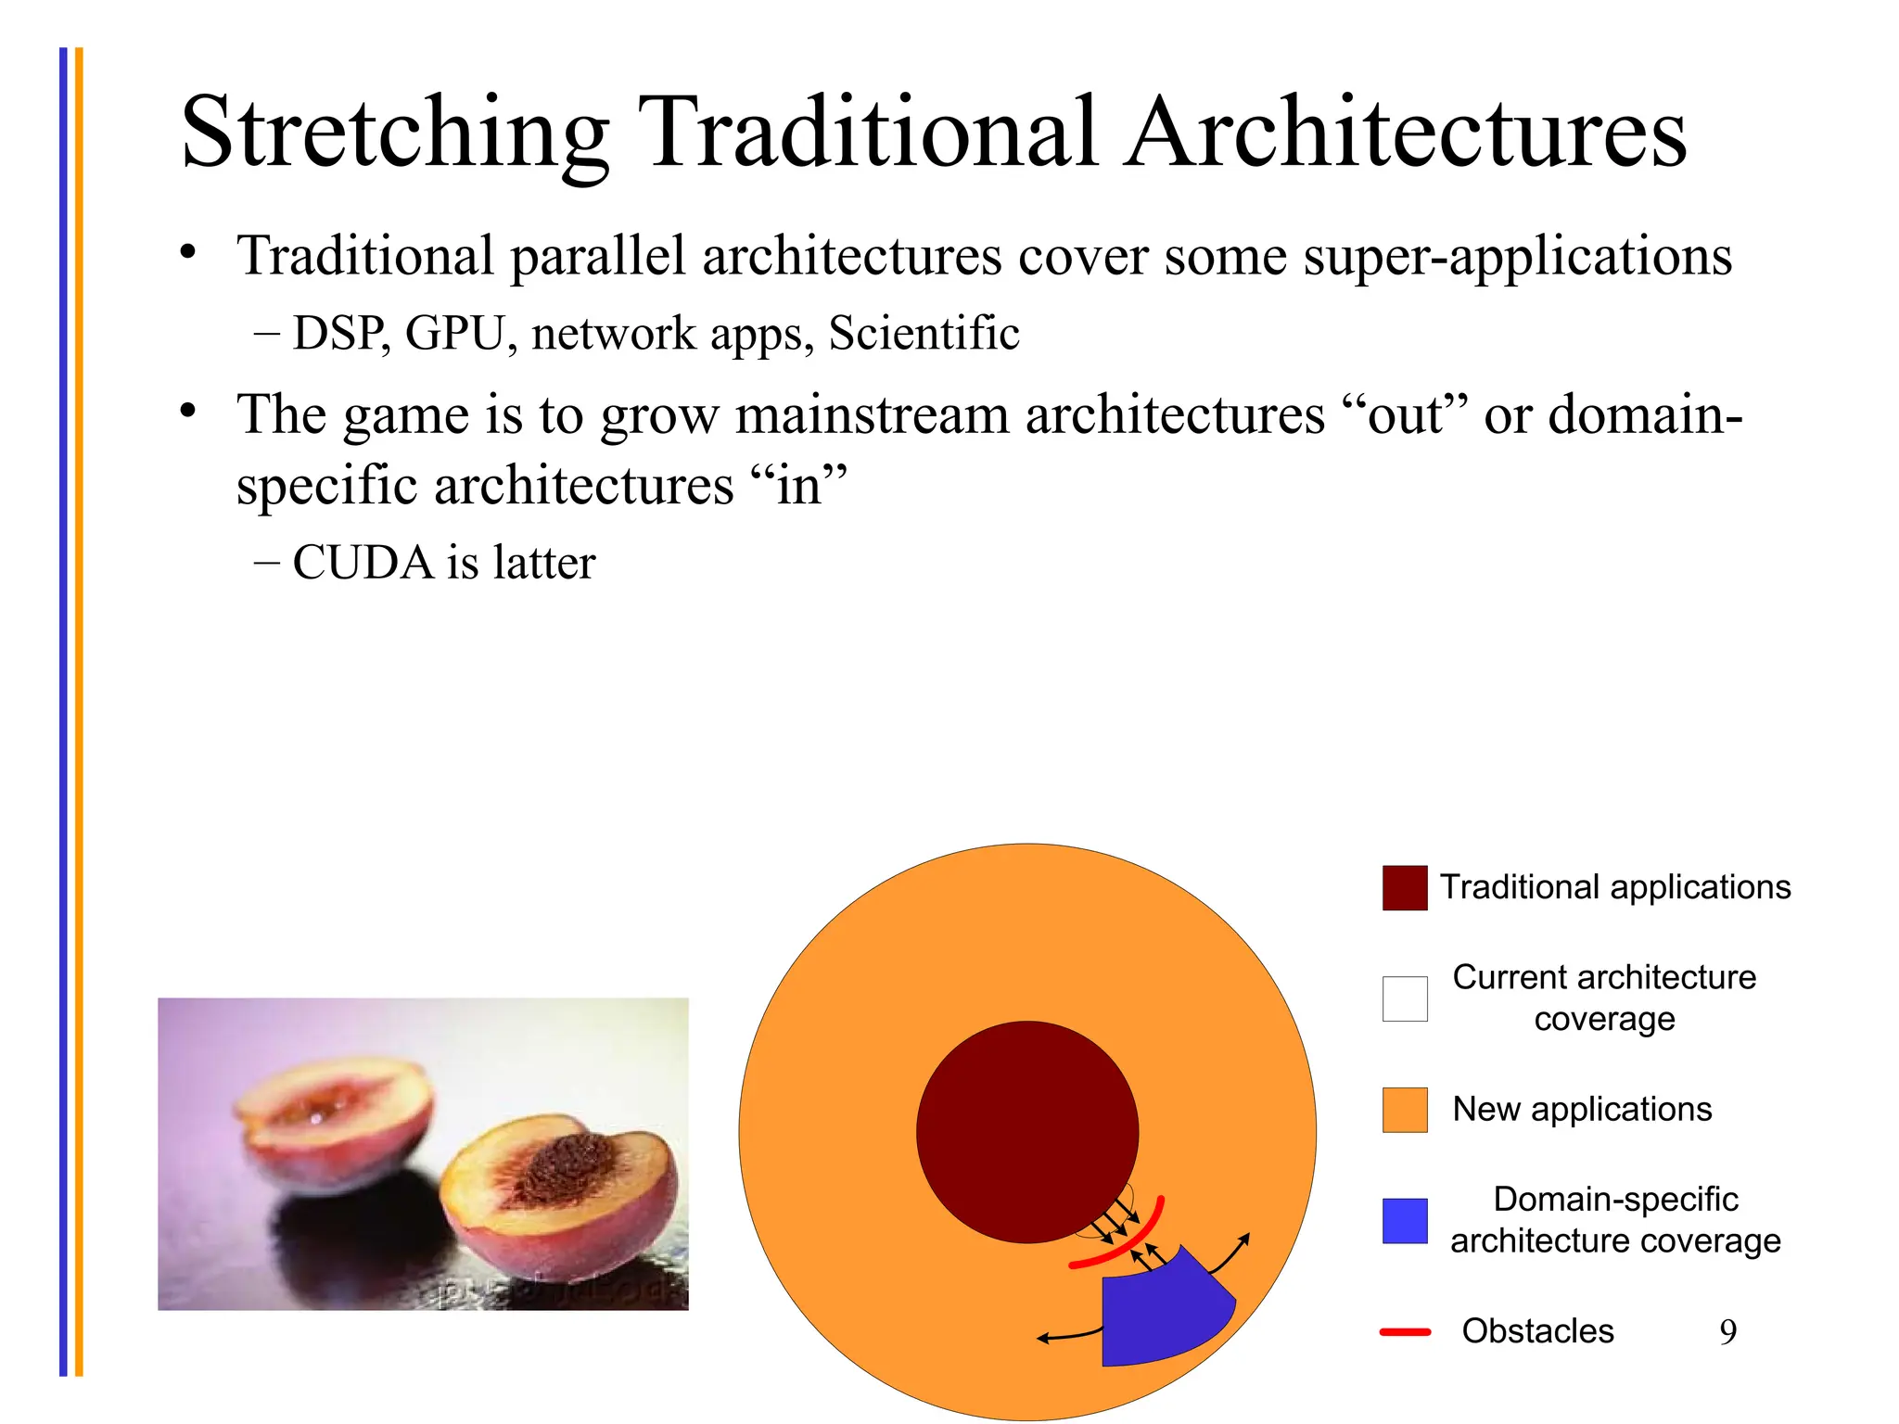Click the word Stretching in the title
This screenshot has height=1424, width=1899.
pos(394,134)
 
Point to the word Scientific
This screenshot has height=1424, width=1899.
pos(924,334)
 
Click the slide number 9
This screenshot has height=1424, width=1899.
pos(1727,1332)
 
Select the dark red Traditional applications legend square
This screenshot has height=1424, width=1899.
pos(1404,888)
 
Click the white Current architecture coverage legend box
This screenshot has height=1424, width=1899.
pos(1404,998)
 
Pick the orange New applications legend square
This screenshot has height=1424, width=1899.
pos(1404,1110)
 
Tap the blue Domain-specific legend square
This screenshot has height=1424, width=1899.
pos(1404,1221)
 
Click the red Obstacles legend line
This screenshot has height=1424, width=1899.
pos(1404,1332)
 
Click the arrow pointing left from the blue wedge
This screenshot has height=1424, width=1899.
pos(1066,1336)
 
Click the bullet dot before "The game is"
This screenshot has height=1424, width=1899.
pos(189,411)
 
